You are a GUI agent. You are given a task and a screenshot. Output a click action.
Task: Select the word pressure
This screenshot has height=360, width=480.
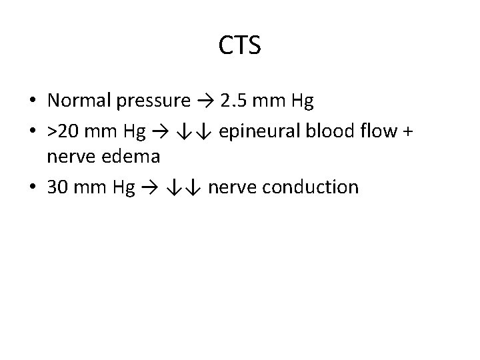tap(153, 101)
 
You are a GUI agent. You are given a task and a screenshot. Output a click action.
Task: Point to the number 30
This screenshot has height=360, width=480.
tap(58, 187)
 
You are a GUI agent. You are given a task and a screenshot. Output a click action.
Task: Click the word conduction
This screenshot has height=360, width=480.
tap(311, 187)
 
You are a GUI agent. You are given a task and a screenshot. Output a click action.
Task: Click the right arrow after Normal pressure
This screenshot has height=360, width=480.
tap(202, 101)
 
